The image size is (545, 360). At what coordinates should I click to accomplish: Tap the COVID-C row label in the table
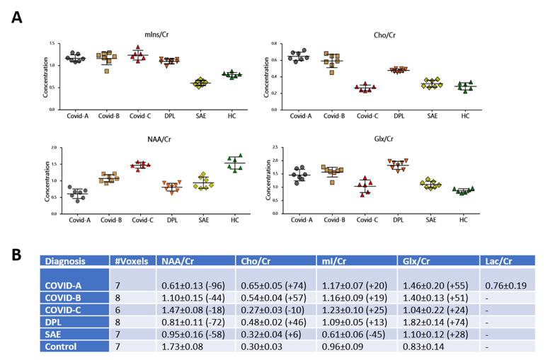pyautogui.click(x=68, y=309)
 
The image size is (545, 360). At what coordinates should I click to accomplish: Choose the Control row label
pyautogui.click(x=64, y=347)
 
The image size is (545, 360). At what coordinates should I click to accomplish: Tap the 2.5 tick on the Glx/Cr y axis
pyautogui.click(x=280, y=148)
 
